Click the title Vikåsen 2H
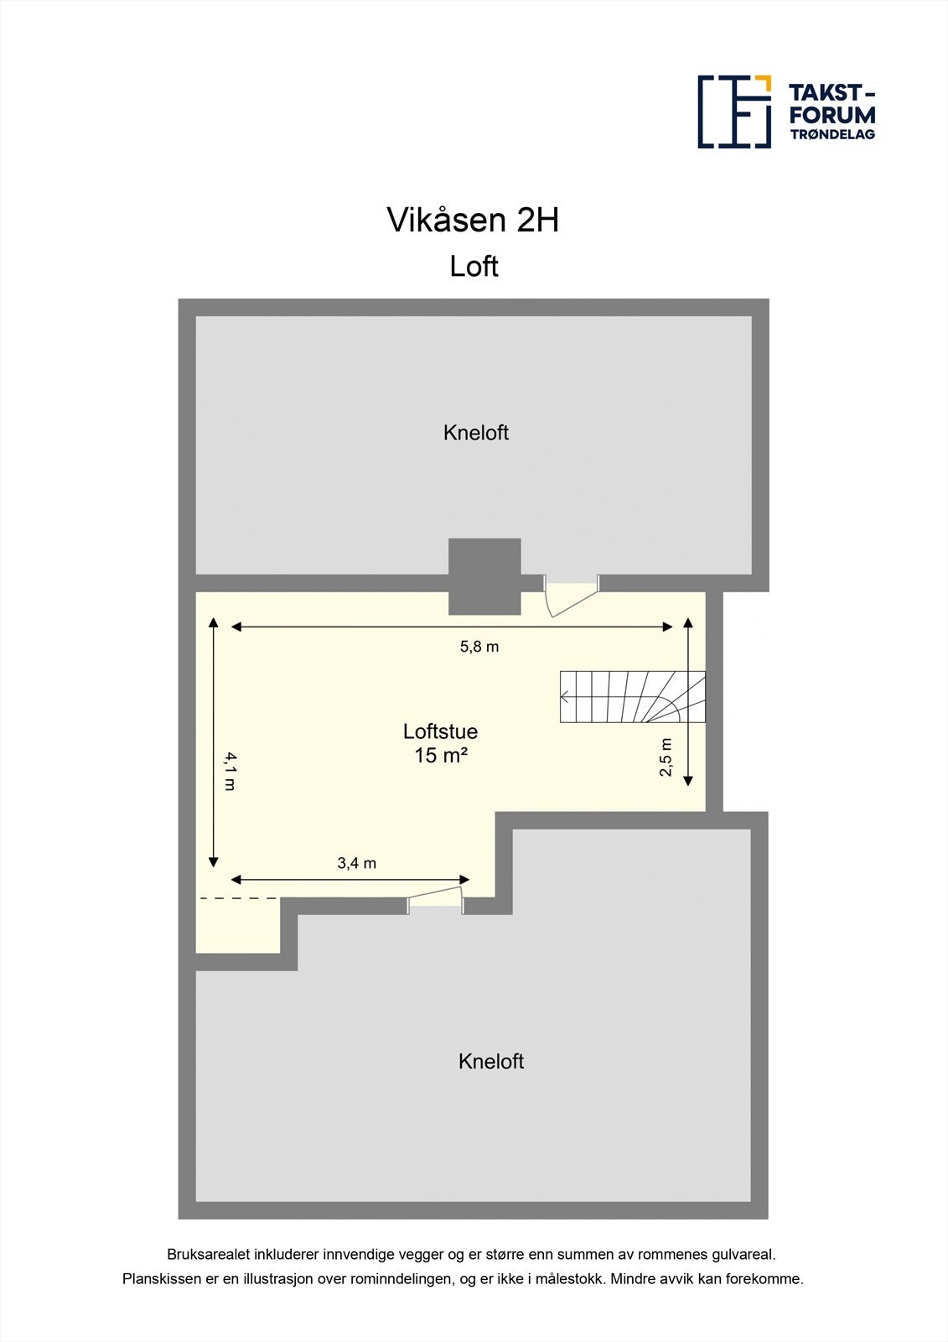473,220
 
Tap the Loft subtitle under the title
474,267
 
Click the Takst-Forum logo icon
734,112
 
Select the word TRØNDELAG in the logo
832,134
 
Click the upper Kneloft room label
475,433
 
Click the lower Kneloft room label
490,1061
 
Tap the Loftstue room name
440,731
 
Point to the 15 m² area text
440,755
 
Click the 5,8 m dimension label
479,647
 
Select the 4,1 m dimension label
230,772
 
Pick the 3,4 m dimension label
356,863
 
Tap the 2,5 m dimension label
666,757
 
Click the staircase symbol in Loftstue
633,696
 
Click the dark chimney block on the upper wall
484,576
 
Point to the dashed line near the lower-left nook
238,898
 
